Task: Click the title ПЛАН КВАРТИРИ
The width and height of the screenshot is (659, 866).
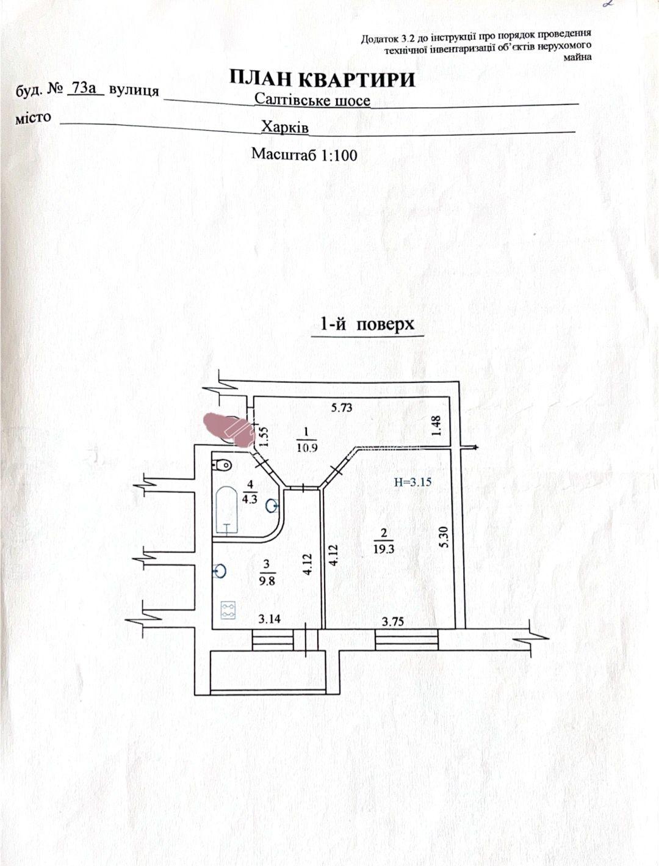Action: pos(322,79)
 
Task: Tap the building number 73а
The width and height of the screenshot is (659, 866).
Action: pos(84,89)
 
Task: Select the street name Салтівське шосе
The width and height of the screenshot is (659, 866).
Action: pos(312,100)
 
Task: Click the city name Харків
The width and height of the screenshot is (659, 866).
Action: pos(285,127)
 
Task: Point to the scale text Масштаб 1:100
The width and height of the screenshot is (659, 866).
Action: pos(304,155)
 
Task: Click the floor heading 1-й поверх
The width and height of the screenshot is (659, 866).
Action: pos(367,324)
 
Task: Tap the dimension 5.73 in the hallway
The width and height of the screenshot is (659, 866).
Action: pos(341,407)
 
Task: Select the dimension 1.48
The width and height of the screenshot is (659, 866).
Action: pos(436,426)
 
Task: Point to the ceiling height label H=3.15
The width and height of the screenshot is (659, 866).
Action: pos(412,481)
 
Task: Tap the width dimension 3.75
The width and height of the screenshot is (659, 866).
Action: pos(393,622)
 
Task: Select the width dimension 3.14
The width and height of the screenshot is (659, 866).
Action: pos(270,619)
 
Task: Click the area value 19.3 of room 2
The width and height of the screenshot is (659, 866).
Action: pos(384,549)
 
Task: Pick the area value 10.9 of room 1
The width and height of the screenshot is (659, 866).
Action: pos(308,448)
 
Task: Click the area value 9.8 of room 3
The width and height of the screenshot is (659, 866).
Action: pos(267,581)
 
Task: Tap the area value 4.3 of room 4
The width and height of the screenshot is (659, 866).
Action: pos(249,499)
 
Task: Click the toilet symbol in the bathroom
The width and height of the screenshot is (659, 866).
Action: pos(221,465)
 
